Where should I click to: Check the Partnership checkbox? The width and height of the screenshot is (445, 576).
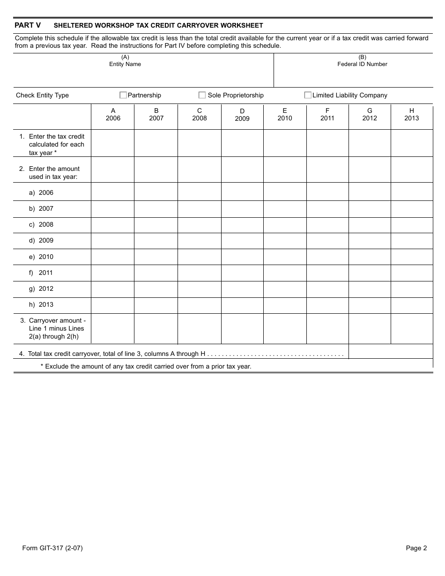123,95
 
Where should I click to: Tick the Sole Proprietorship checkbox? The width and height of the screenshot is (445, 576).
202,95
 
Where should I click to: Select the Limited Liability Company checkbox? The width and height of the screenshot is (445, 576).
308,95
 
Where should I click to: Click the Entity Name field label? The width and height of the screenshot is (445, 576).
125,64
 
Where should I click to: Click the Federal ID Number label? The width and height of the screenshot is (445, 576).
362,64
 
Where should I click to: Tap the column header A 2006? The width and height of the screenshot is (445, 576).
113,115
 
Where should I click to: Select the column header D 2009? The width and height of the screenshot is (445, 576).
242,115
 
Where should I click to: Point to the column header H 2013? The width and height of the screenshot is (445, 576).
412,115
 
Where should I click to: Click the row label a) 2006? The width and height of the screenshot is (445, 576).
41,192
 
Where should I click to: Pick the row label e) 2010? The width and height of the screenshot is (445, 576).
41,257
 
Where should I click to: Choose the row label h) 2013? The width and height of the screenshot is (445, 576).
41,304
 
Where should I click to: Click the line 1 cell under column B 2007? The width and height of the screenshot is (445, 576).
156,143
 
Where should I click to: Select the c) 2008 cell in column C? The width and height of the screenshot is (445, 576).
200,225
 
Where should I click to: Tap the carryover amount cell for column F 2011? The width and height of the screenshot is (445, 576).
327,329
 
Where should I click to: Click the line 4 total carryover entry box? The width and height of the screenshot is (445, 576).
391,352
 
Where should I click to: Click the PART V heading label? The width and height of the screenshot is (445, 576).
28,25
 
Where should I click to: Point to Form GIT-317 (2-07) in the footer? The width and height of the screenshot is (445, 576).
52,548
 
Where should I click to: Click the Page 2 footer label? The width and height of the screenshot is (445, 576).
416,548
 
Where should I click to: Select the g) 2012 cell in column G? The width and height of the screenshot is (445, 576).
370,289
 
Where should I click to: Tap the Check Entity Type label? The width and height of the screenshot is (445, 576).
42,95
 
